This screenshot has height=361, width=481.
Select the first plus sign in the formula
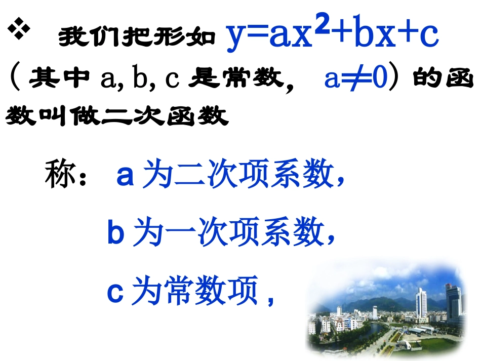[344, 36]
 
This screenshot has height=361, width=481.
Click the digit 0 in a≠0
[378, 79]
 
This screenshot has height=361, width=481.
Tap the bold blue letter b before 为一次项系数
[115, 234]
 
